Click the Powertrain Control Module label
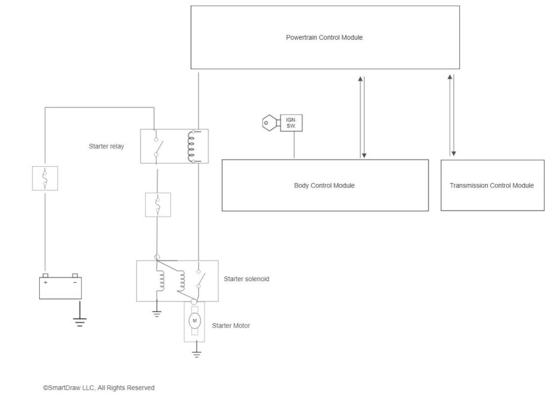324,38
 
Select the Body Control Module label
324,185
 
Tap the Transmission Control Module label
491,185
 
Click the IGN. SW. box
291,122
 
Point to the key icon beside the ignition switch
271,122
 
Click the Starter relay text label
106,146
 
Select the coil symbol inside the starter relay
192,146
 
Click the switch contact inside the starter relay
157,147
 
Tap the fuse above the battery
45,178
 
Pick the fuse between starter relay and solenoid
158,205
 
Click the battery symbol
60,286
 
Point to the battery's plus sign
46,283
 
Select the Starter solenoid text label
247,279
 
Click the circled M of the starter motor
194,321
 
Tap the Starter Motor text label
231,326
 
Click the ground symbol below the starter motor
197,355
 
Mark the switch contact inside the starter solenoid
200,279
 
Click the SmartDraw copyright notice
99,387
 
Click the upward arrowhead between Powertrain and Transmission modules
450,77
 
